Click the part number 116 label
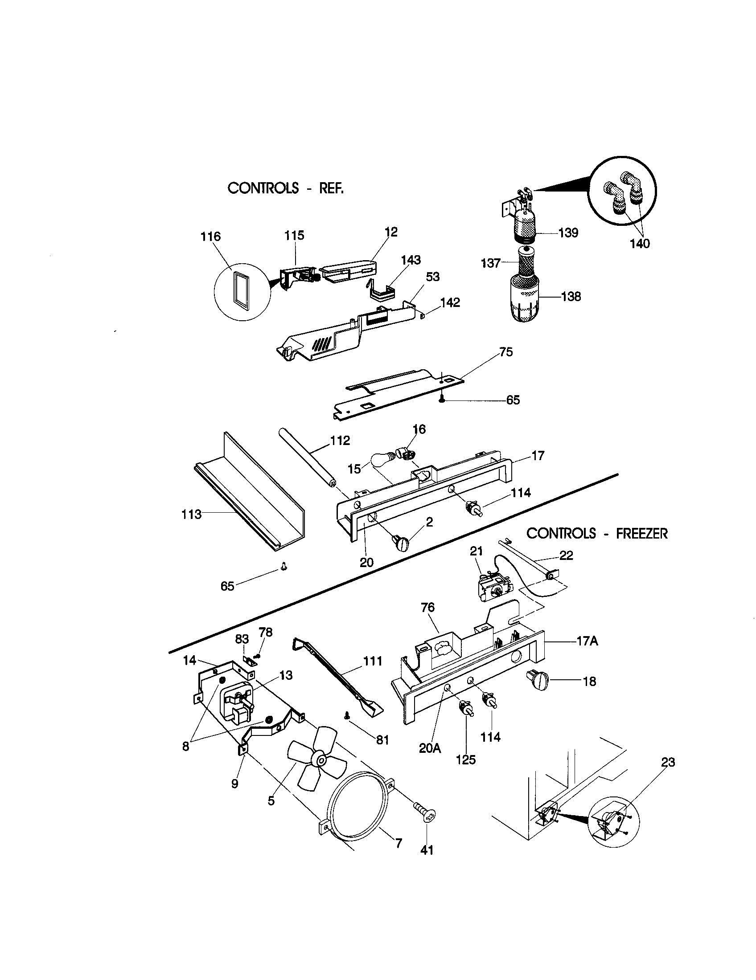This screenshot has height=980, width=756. (210, 237)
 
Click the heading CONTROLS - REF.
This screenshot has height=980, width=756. (286, 188)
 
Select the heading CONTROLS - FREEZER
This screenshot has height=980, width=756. (596, 534)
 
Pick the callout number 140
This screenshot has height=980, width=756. (640, 244)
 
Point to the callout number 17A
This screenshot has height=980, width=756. (587, 641)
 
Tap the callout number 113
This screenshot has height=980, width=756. (192, 514)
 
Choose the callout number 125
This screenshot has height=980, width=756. (465, 759)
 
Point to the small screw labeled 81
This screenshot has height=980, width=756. (346, 717)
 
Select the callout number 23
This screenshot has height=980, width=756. (668, 762)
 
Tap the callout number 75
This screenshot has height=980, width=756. (506, 352)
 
